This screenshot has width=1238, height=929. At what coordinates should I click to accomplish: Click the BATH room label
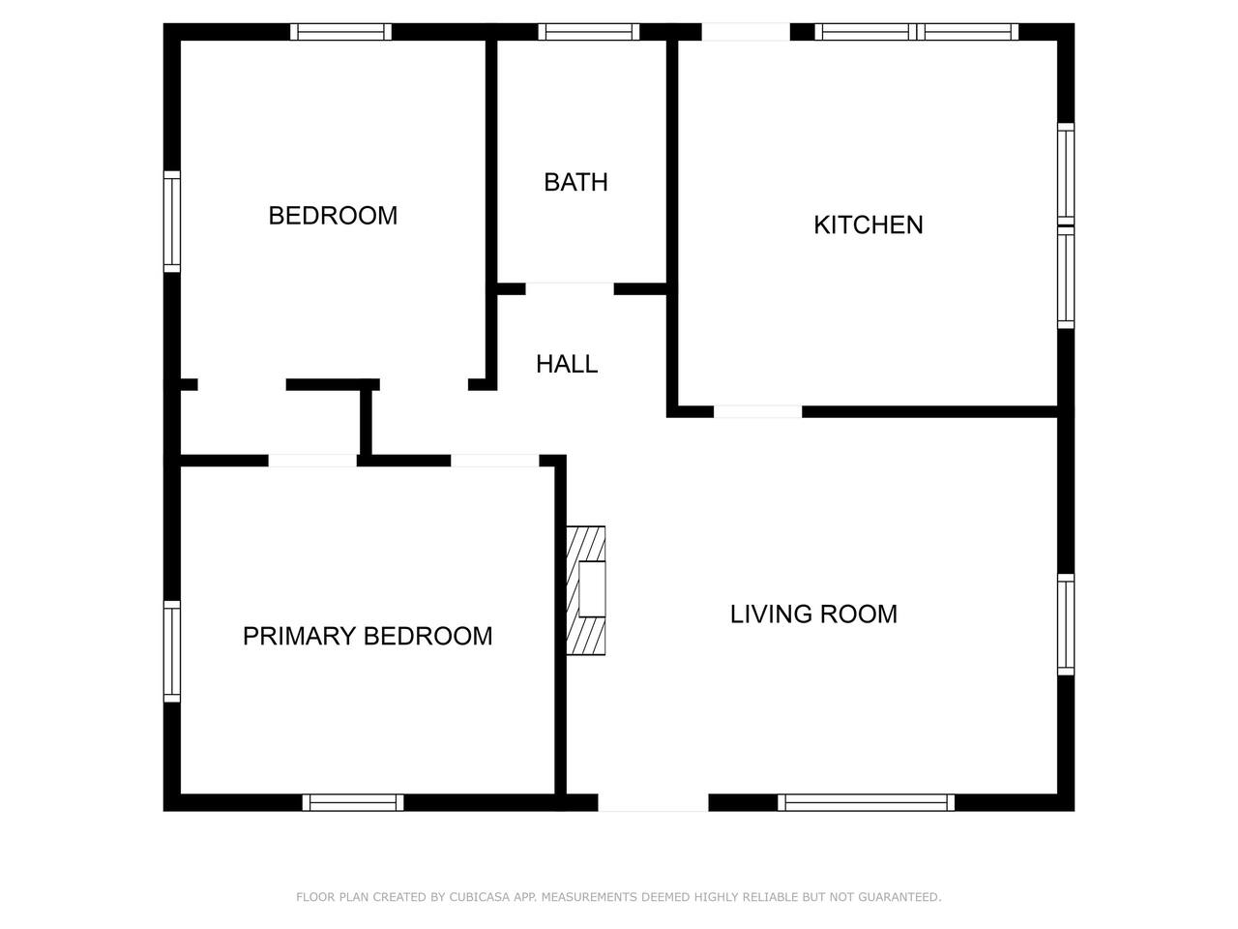(575, 182)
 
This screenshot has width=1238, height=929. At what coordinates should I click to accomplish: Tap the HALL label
(567, 365)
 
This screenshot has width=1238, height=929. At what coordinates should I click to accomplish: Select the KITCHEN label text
(868, 225)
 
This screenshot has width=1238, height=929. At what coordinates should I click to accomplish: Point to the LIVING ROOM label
(813, 614)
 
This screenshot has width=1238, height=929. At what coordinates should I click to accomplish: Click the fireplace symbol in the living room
(586, 590)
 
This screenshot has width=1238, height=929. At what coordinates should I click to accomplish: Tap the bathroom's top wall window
(589, 32)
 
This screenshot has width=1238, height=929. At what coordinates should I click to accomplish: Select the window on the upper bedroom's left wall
(172, 222)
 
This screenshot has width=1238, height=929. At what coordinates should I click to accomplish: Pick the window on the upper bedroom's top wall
(340, 32)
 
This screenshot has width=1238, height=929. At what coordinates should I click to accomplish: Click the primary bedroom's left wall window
(172, 651)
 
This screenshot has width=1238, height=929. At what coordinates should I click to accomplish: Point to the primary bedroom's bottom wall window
(353, 802)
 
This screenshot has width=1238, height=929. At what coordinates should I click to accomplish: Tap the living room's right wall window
(1066, 624)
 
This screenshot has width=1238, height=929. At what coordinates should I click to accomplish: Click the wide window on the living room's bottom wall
(867, 802)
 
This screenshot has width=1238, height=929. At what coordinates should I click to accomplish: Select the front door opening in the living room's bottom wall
(653, 802)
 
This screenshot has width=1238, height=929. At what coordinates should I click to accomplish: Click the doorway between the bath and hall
(570, 288)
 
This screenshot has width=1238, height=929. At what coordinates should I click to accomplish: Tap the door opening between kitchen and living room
(758, 412)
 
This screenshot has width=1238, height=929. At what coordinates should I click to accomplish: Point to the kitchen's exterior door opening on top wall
(746, 32)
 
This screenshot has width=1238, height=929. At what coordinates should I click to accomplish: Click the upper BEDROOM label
(333, 216)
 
